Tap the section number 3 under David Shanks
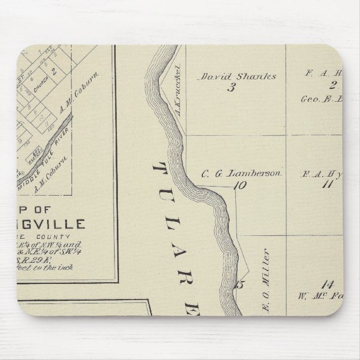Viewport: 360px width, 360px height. point(230,87)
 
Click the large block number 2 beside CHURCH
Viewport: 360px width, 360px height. point(54,71)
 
